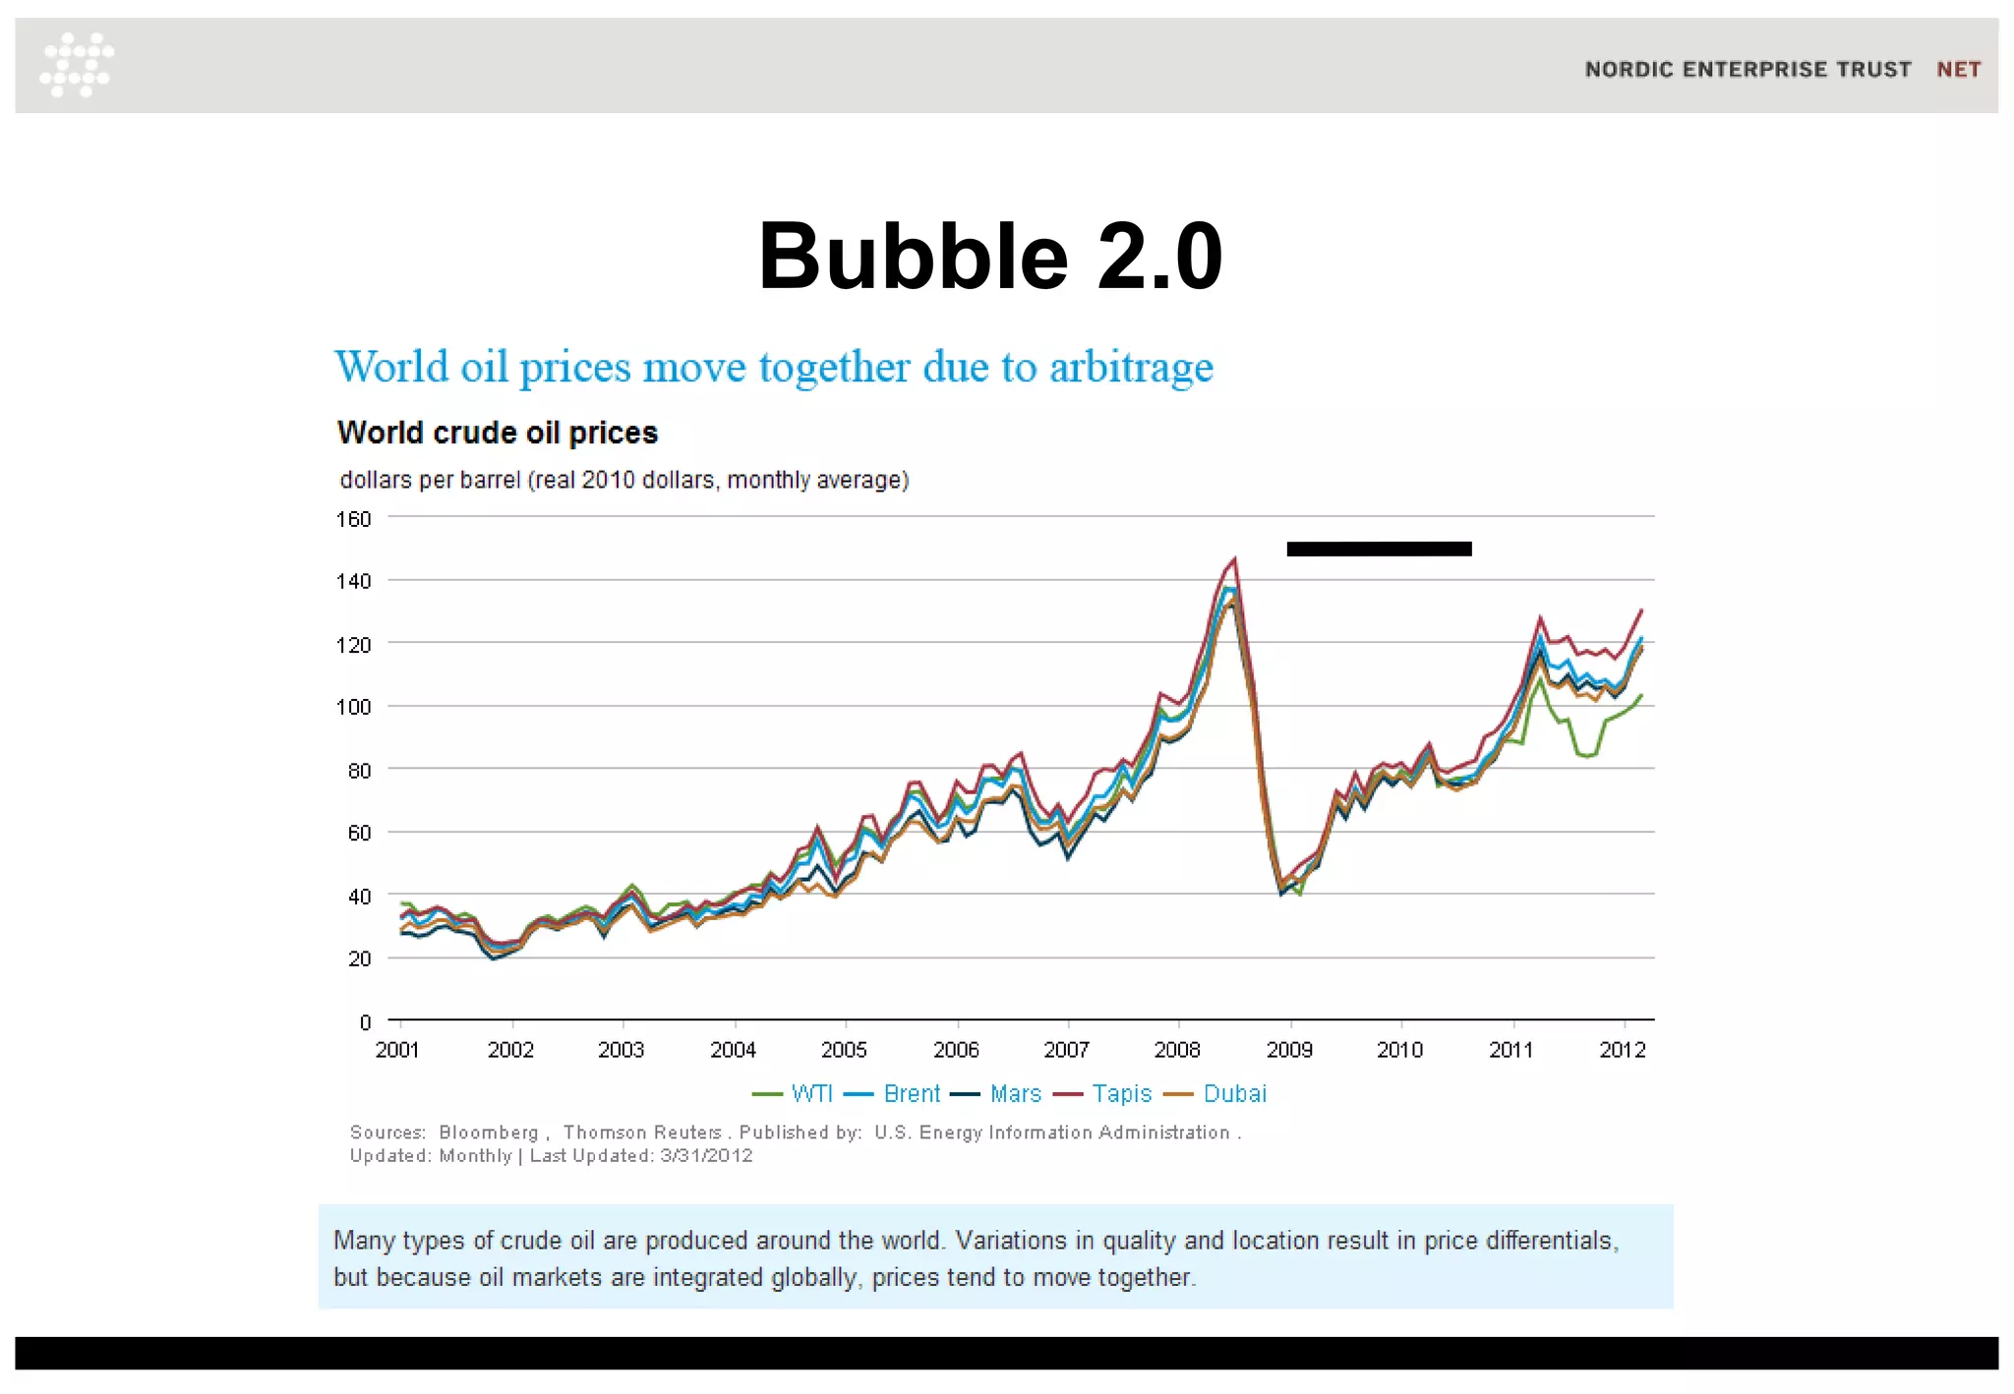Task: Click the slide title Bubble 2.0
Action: [x=990, y=257]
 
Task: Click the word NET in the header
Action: [x=1958, y=70]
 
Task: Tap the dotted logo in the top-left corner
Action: [x=77, y=65]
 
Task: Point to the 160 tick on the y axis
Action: [x=353, y=519]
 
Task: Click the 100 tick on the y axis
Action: [x=353, y=707]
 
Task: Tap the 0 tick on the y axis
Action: [x=365, y=1022]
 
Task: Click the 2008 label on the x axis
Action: [x=1177, y=1050]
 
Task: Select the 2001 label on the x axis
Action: [x=397, y=1050]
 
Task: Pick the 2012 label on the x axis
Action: [x=1623, y=1050]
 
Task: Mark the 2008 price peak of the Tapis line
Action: [x=1234, y=559]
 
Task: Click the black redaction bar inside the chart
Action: [x=1379, y=549]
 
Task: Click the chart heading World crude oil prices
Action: [x=497, y=433]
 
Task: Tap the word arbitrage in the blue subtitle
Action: [x=1131, y=368]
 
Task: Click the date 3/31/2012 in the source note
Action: [x=706, y=1156]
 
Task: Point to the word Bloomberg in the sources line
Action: [x=489, y=1133]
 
